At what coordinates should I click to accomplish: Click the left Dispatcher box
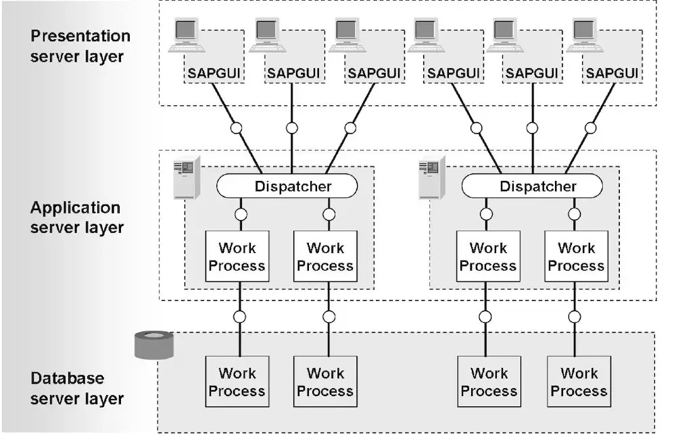(287, 186)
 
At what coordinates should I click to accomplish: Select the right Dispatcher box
(532, 186)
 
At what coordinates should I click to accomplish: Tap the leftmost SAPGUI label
(214, 73)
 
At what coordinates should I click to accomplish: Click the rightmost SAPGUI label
(612, 73)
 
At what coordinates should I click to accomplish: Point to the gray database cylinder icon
(154, 345)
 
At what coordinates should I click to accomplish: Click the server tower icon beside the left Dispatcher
(187, 178)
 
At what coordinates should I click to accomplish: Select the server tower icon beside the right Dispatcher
(432, 178)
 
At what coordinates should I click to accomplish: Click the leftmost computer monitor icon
(187, 35)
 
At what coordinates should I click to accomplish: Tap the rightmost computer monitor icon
(584, 35)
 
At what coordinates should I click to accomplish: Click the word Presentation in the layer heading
(80, 36)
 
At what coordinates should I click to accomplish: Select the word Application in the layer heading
(75, 208)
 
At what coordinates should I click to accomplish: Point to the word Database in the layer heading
(67, 378)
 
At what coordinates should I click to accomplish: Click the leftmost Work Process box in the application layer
(237, 256)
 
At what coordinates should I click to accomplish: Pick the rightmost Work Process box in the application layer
(577, 256)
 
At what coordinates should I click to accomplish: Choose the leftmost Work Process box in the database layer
(237, 381)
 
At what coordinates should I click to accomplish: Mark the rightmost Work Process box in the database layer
(579, 381)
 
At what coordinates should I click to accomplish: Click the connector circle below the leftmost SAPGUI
(236, 128)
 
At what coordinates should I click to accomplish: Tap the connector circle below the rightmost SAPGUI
(591, 128)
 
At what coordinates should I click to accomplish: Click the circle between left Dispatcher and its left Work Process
(241, 214)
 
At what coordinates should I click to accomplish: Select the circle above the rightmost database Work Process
(575, 317)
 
